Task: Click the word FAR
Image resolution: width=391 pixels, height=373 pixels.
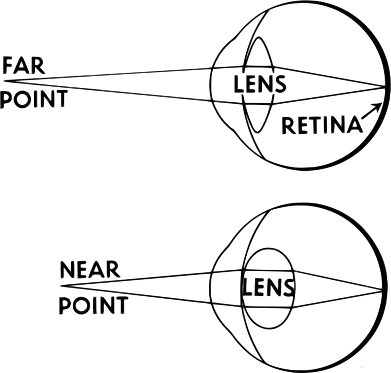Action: point(24,65)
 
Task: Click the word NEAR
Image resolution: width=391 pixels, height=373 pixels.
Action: point(90,270)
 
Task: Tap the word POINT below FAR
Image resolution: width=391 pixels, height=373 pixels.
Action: point(34,99)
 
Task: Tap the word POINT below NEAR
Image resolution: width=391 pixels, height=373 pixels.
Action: point(94,305)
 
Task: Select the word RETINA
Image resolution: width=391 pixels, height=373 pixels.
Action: point(322,125)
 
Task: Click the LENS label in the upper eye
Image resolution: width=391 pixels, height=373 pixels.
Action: point(260,84)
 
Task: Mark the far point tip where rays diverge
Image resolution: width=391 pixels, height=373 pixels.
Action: point(4,81)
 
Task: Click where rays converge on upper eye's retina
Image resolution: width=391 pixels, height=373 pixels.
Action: point(384,87)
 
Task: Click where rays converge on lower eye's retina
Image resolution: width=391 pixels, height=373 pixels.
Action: point(382,291)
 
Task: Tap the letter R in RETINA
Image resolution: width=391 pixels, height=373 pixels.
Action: point(288,126)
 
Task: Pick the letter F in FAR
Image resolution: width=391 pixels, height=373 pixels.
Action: point(7,65)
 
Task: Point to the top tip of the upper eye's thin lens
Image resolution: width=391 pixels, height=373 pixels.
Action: point(258,37)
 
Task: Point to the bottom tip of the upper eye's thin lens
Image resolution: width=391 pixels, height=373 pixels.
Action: point(257,132)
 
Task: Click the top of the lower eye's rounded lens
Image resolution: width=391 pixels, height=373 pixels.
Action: point(268,248)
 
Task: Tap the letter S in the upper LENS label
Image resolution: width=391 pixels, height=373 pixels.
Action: point(281,84)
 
